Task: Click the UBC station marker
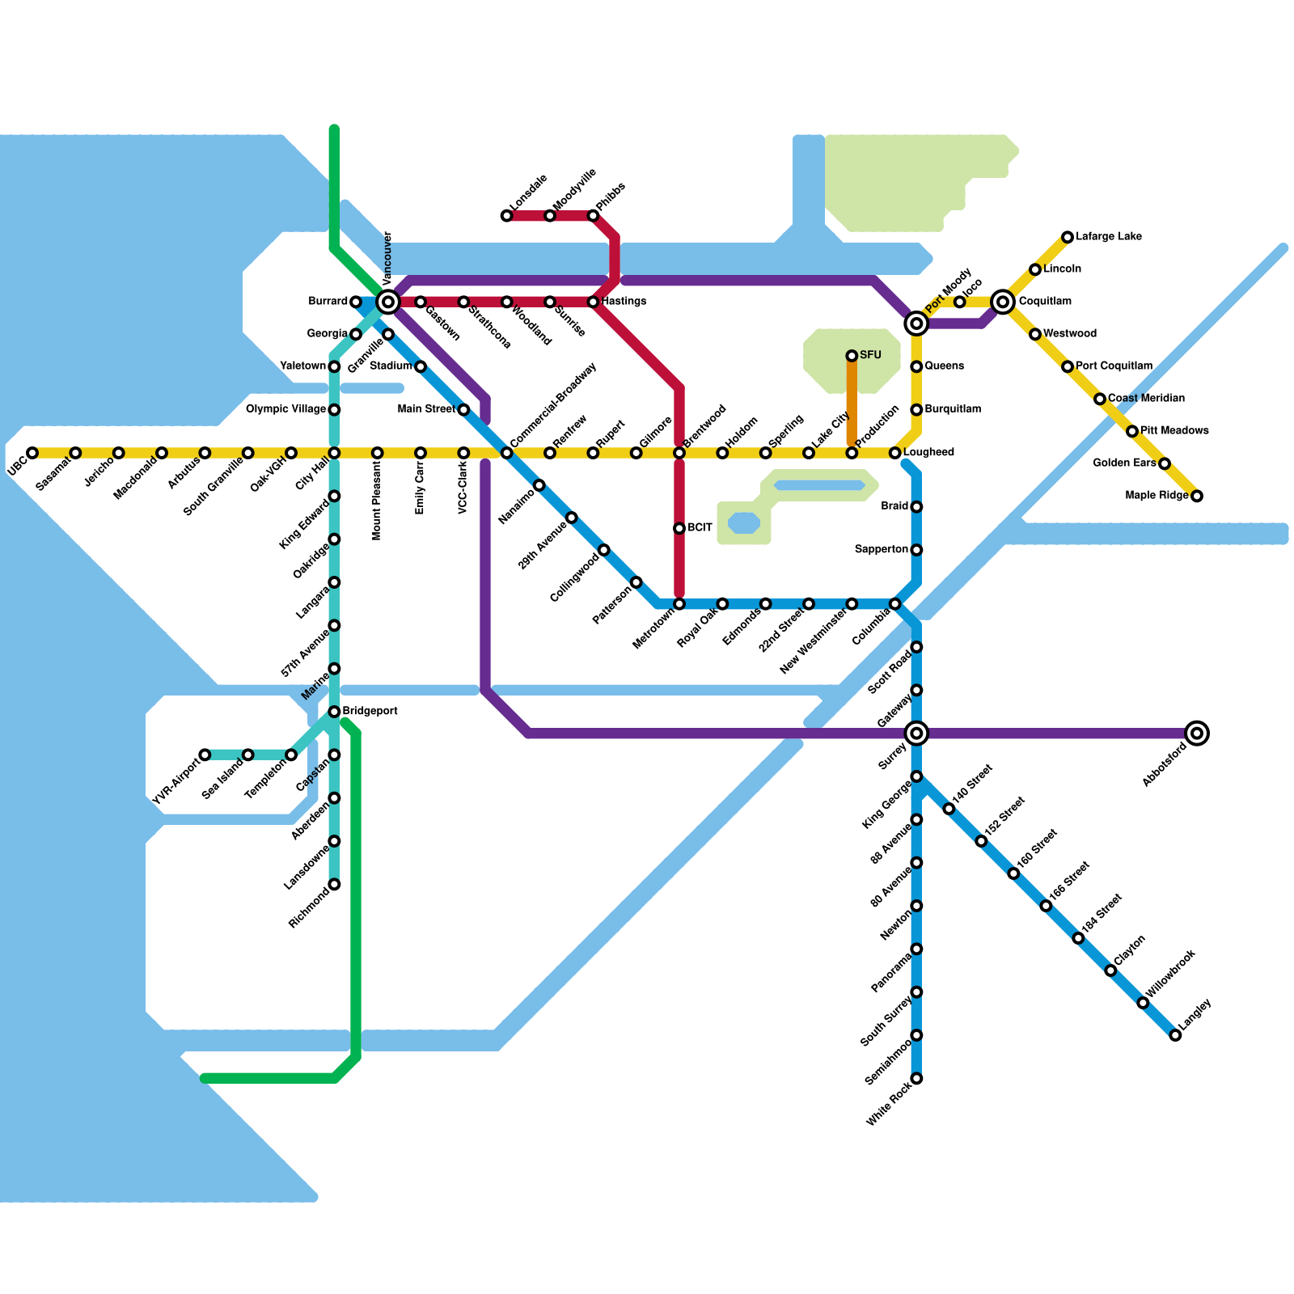click(32, 453)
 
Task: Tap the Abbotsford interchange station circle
click(1198, 734)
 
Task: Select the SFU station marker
click(852, 356)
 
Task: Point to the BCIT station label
click(700, 528)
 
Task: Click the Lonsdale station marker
click(506, 216)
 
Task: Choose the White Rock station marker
click(916, 1078)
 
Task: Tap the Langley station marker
click(1175, 1035)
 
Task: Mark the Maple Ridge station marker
click(1197, 496)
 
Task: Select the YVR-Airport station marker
click(205, 755)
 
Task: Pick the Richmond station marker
click(334, 884)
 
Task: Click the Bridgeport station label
click(370, 712)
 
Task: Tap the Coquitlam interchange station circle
click(1003, 302)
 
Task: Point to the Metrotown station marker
click(679, 604)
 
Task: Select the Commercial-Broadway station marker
click(506, 453)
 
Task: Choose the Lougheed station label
click(928, 453)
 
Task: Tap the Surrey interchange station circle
click(916, 734)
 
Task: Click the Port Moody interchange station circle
click(916, 323)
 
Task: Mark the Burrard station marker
click(356, 302)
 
